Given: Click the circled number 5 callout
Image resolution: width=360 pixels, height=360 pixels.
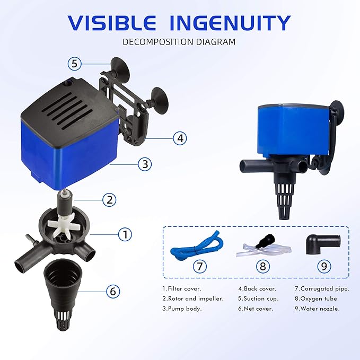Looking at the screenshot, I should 75,64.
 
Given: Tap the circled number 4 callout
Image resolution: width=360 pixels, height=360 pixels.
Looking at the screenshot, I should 181,138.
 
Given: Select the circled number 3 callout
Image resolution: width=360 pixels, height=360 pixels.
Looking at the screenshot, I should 145,164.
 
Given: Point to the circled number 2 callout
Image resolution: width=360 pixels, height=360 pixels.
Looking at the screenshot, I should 109,200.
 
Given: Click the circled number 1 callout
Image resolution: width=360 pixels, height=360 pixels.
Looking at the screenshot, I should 125,234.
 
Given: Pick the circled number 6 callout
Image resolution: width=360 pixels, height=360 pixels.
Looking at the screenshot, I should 112,291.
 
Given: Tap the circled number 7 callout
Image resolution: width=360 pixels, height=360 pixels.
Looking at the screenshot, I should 199,266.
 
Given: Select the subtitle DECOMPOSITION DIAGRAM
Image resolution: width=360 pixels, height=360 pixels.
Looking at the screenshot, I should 179,42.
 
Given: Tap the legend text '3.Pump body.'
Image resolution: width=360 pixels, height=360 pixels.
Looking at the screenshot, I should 182,309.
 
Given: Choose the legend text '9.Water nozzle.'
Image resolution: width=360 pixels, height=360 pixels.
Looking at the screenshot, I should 317,309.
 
